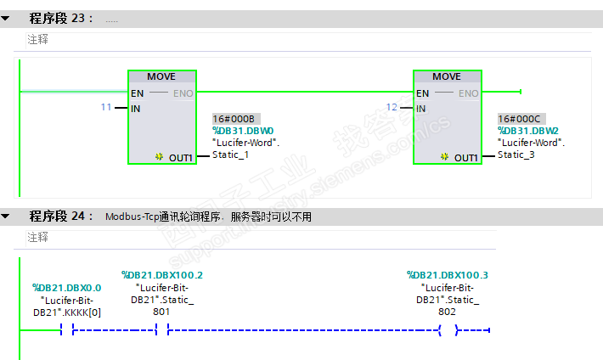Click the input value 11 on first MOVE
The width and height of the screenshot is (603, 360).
(x=106, y=108)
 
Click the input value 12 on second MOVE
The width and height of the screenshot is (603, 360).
(x=392, y=108)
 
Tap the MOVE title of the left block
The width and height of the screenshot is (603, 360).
(x=161, y=76)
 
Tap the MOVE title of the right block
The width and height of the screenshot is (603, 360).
(x=447, y=76)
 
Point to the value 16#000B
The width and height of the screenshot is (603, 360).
(x=231, y=120)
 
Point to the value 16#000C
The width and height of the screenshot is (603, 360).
(x=516, y=120)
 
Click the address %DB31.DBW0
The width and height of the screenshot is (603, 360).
(x=243, y=131)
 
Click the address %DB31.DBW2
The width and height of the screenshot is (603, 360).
(x=528, y=131)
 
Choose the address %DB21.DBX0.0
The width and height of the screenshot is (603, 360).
(x=67, y=288)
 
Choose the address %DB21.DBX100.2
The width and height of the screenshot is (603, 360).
(x=162, y=275)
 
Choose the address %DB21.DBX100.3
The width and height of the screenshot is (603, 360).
(x=448, y=275)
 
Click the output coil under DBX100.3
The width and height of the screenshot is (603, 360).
(x=448, y=330)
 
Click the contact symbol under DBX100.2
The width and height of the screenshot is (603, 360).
(x=162, y=330)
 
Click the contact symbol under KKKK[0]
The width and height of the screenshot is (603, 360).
(x=67, y=330)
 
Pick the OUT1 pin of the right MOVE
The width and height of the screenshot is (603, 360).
(x=465, y=158)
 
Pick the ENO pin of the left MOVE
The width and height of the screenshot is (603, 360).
(x=183, y=93)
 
